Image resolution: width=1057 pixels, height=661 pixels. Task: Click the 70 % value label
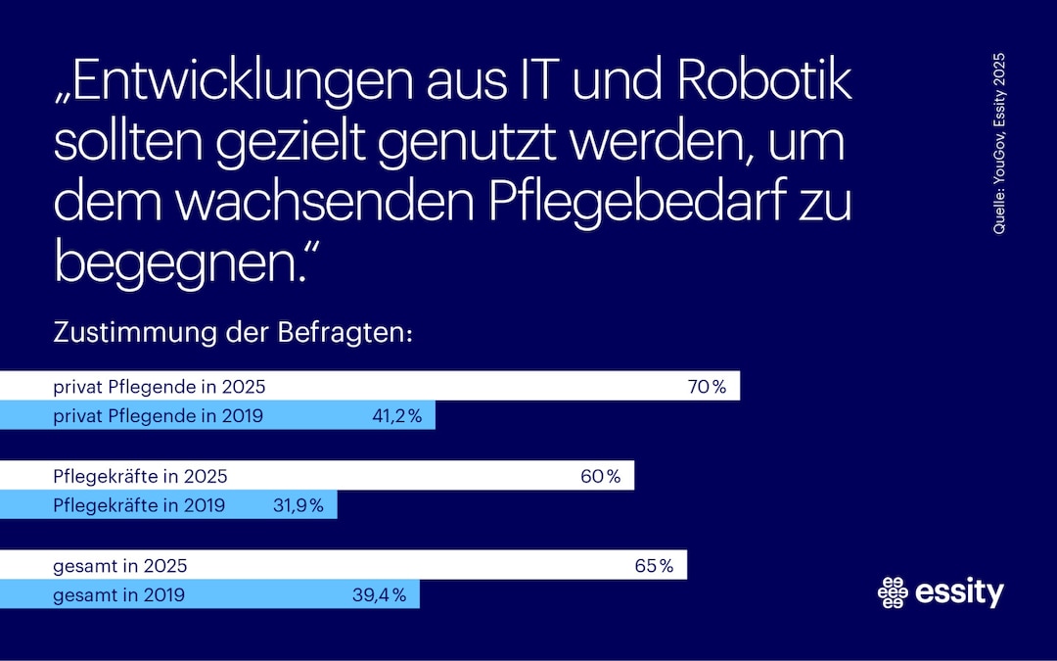[707, 387]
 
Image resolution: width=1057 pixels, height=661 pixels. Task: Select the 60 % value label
[600, 477]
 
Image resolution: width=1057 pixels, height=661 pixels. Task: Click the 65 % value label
[654, 566]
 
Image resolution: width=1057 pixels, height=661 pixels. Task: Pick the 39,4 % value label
[378, 594]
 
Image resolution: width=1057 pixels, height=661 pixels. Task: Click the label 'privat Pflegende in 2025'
[159, 387]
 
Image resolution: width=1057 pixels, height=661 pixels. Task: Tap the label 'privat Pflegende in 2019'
[158, 416]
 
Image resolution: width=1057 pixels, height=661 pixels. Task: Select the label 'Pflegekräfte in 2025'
[140, 477]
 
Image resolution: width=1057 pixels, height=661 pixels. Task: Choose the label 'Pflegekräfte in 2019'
[139, 506]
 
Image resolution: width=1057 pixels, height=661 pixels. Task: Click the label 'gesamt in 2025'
[119, 566]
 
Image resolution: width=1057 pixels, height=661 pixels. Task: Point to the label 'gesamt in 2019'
[118, 594]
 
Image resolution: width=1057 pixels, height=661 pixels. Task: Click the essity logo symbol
[894, 591]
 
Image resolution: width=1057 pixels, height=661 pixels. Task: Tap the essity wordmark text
[960, 591]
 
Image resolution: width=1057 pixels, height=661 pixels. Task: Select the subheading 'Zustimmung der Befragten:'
[234, 333]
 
